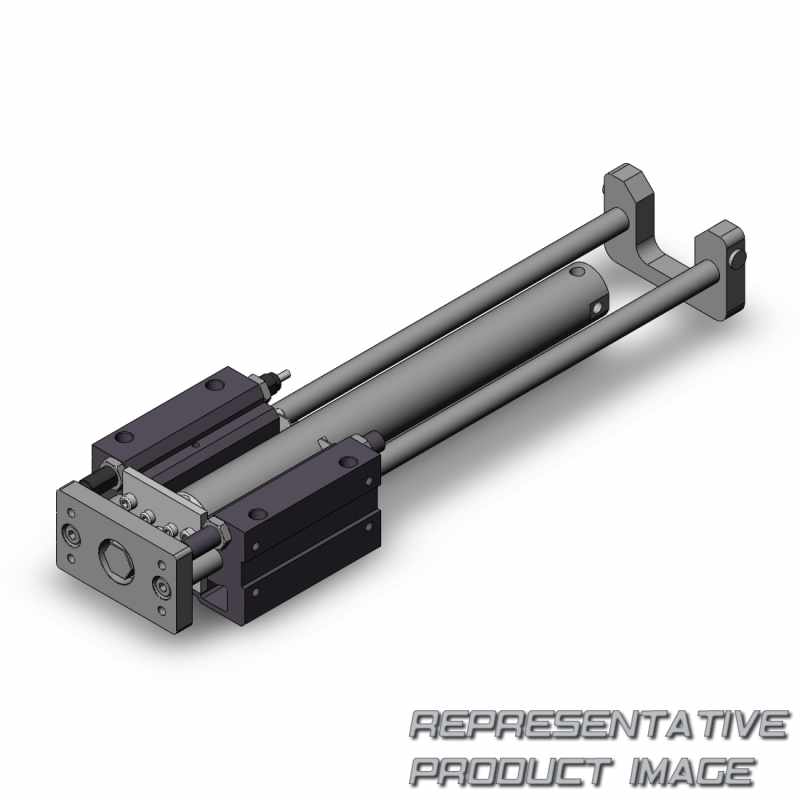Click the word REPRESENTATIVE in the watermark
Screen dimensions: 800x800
(x=598, y=725)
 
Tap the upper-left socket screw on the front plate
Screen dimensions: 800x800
(x=70, y=535)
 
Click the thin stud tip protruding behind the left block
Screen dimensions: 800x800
(x=286, y=374)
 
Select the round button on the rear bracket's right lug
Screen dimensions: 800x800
(x=738, y=260)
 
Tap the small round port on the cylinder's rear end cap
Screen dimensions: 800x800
(x=596, y=308)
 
